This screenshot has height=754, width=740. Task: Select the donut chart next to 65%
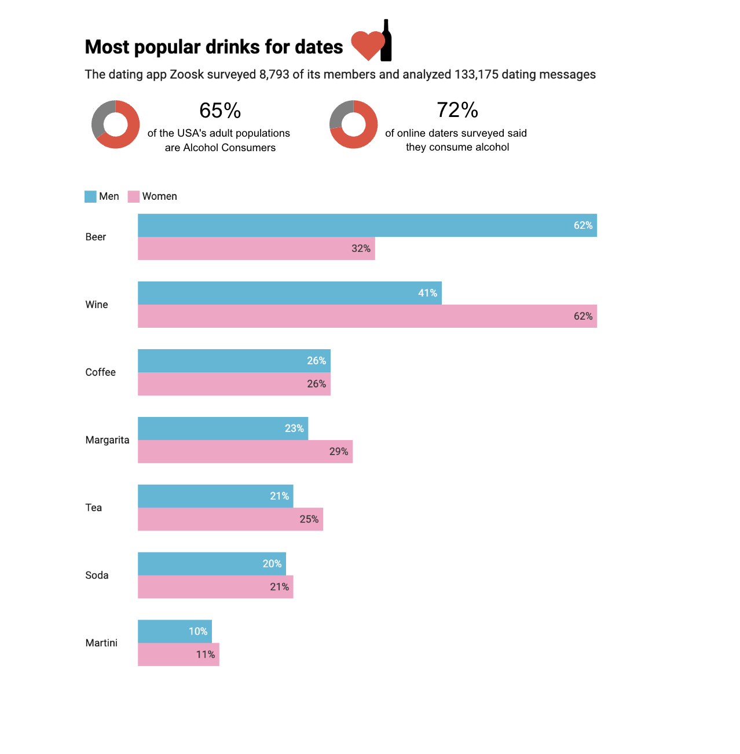tap(115, 125)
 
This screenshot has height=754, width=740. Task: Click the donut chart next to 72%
tap(353, 125)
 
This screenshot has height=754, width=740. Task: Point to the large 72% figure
tap(457, 110)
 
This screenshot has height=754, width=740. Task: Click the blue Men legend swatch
tap(90, 197)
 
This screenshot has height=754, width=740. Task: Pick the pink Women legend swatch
tap(134, 197)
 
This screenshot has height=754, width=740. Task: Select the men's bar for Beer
tap(367, 225)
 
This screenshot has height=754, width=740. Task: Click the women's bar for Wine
tap(367, 316)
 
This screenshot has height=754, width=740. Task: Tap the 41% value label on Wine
tap(427, 293)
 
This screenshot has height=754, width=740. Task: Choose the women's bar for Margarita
tap(245, 452)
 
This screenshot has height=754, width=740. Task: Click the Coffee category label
tap(100, 372)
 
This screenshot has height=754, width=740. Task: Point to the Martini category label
tap(101, 643)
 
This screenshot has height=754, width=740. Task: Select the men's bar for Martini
tap(174, 631)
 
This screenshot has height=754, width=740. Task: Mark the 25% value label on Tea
tap(309, 519)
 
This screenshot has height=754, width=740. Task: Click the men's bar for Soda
tap(211, 564)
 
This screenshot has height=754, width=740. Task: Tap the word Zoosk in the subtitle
tap(186, 75)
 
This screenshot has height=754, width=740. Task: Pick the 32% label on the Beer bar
tap(361, 248)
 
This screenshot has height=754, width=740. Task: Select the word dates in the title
tap(318, 47)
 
